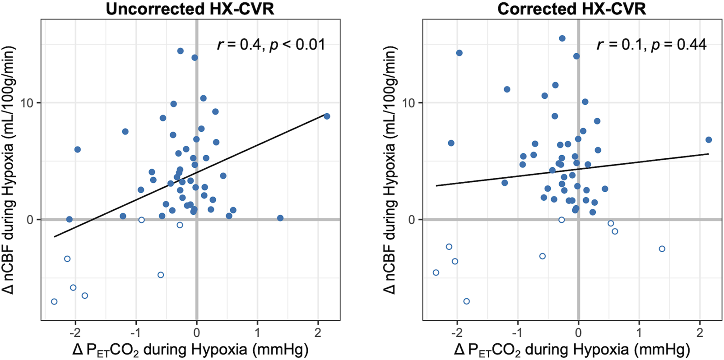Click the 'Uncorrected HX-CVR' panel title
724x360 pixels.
(x=190, y=9)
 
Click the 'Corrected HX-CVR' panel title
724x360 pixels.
(x=571, y=9)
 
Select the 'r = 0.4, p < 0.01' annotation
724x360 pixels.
(x=271, y=45)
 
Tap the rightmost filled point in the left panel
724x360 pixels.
(x=327, y=116)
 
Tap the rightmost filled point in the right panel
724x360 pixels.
(x=709, y=140)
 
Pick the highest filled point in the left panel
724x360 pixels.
(x=180, y=51)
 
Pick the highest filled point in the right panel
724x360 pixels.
(x=562, y=39)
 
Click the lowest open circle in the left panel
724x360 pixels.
(x=54, y=301)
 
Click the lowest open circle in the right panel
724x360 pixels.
(x=467, y=301)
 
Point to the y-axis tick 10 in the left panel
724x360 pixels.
(x=28, y=103)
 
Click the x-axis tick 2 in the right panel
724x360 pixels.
(x=700, y=332)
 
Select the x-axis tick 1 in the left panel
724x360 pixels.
(x=257, y=332)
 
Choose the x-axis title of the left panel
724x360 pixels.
(x=190, y=350)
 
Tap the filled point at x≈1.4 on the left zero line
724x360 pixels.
(x=280, y=218)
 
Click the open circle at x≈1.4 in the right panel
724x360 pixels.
(x=662, y=249)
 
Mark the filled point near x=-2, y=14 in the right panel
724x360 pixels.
(x=459, y=53)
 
